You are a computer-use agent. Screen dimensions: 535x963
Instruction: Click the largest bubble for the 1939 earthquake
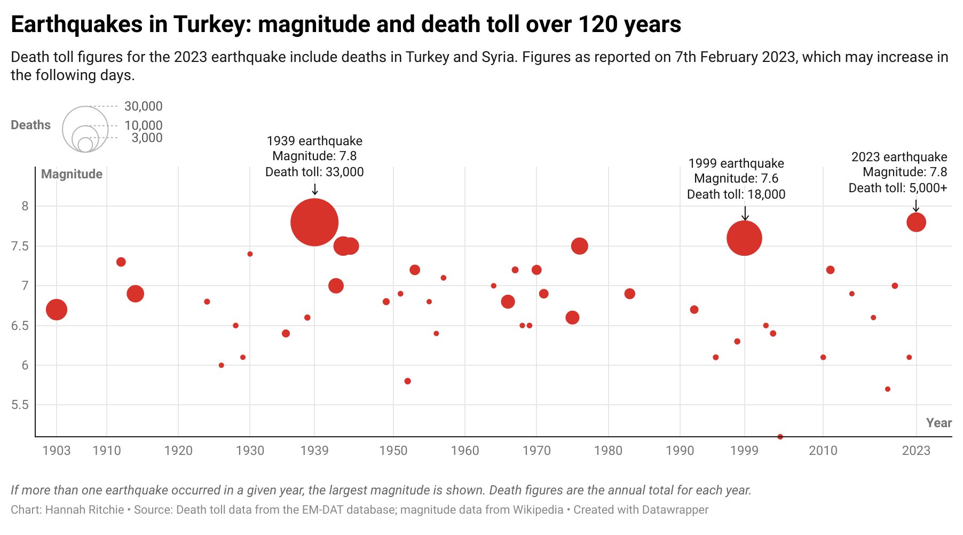[x=314, y=222]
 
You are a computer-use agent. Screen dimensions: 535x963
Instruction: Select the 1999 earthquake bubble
[x=744, y=238]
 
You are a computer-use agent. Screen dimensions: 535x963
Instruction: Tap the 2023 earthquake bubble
[x=916, y=222]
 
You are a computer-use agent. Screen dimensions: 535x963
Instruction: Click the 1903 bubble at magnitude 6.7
[x=57, y=310]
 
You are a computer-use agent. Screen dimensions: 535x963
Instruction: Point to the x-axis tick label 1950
[x=393, y=451]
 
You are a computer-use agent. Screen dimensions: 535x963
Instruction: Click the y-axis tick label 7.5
[x=20, y=246]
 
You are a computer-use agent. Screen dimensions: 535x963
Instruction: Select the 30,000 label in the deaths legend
[x=143, y=106]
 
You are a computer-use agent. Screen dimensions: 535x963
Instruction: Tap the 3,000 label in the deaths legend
[x=147, y=138]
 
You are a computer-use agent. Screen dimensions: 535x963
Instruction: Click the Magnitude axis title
[x=72, y=174]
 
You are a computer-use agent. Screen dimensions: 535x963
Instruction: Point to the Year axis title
[x=938, y=423]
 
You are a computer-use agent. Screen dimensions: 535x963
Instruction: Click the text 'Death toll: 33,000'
[x=314, y=172]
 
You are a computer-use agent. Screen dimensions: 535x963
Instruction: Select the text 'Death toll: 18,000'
[x=736, y=194]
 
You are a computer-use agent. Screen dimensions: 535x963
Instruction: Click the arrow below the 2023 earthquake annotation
[x=916, y=206]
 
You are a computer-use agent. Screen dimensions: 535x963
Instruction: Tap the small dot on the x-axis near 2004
[x=780, y=436]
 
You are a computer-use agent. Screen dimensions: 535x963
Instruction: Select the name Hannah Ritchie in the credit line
[x=84, y=510]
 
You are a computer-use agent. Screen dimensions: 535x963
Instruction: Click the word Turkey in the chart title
[x=210, y=25]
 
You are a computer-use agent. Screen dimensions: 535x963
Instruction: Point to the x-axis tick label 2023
[x=916, y=451]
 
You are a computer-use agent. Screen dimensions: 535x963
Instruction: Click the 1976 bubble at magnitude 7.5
[x=579, y=246]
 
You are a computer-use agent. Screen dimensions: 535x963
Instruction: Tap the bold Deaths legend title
[x=30, y=125]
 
